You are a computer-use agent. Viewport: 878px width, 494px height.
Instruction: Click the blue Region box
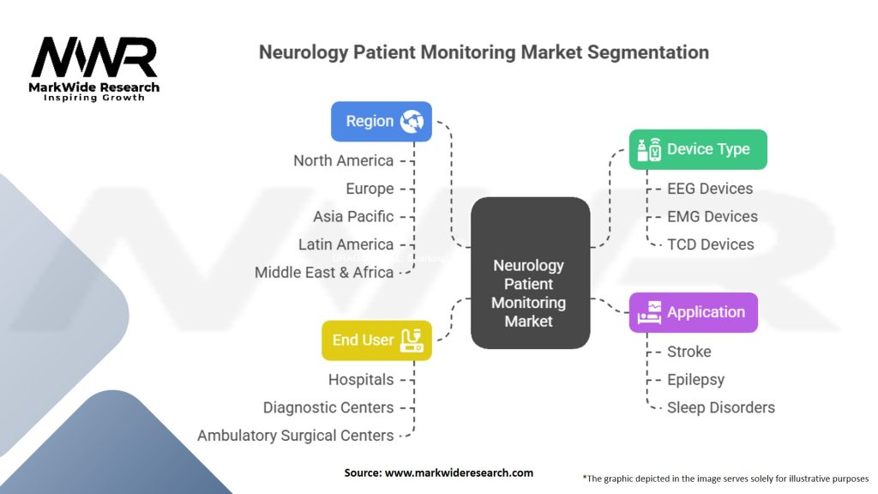[x=382, y=121]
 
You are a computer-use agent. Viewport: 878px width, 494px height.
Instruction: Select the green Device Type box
[x=698, y=149]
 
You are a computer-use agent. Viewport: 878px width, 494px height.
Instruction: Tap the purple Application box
[x=693, y=312]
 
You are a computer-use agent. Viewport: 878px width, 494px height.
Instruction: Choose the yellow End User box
[x=377, y=340]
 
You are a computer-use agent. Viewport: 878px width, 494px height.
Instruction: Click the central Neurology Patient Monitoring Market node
[x=530, y=273]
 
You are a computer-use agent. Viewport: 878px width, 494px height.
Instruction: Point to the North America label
[x=343, y=160]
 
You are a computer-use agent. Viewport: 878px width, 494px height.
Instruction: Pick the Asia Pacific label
[x=353, y=217]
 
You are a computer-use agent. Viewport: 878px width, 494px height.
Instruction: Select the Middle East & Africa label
[x=324, y=273]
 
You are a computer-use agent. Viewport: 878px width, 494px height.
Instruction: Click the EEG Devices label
[x=710, y=189]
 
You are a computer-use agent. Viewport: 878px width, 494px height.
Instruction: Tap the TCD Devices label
[x=711, y=244]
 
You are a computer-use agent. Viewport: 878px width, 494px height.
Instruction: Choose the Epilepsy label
[x=695, y=380]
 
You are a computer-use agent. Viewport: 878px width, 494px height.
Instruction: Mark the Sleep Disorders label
[x=720, y=407]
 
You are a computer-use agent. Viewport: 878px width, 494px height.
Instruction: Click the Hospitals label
[x=361, y=380]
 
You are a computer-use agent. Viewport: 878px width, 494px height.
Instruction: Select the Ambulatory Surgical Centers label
[x=296, y=436]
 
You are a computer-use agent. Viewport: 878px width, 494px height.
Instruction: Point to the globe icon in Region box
[x=412, y=121]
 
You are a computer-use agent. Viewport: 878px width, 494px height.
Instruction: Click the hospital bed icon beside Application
[x=650, y=312]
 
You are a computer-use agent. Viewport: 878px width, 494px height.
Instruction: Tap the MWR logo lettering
[x=94, y=57]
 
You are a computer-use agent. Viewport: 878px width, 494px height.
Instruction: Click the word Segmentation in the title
[x=648, y=52]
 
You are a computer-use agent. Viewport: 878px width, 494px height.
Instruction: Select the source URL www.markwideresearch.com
[x=460, y=473]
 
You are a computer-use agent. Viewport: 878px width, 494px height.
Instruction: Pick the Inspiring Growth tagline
[x=94, y=98]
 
